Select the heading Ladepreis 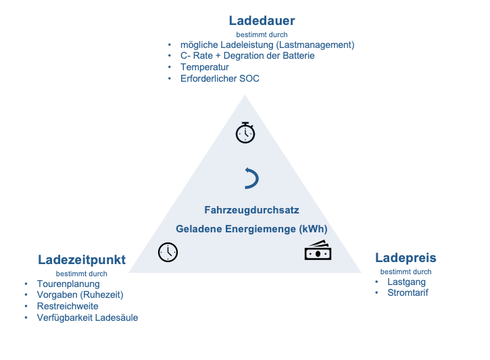coord(406,258)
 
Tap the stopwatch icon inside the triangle coord(245,132)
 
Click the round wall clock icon coord(168,252)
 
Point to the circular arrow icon coord(251,178)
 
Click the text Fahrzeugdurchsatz coord(251,210)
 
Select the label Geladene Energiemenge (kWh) coord(251,229)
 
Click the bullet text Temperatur coord(204,68)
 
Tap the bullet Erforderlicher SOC coord(220,78)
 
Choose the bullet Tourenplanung coord(68,284)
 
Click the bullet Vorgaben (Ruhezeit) coord(80,295)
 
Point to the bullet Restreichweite coord(68,306)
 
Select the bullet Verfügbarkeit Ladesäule coord(87,317)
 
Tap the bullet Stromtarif coord(408,293)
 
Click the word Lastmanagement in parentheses coord(316,45)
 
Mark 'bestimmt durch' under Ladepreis coord(406,272)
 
